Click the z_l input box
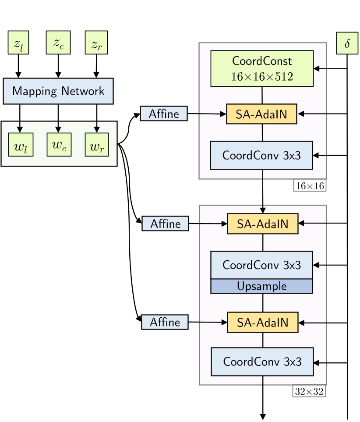coord(18,43)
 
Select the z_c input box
coord(58,43)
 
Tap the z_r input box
coord(96,43)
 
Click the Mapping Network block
coord(58,91)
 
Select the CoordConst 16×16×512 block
coord(262,68)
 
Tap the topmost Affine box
coord(164,113)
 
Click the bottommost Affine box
coord(165,322)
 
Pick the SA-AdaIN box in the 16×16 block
coord(262,114)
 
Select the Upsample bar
coord(262,286)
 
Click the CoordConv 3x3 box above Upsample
coord(262,265)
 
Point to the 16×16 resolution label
coord(310,186)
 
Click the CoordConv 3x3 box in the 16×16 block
coord(261,155)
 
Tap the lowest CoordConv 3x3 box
coord(262,362)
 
